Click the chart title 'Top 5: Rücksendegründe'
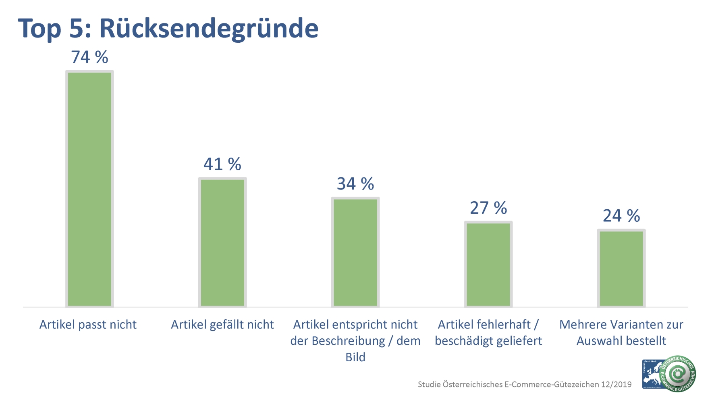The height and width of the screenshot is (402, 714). click(x=168, y=28)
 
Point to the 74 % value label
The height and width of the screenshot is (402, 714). click(x=89, y=57)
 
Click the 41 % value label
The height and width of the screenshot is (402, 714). click(x=222, y=164)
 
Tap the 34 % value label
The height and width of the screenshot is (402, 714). click(x=355, y=184)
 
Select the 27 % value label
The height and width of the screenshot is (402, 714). click(x=488, y=208)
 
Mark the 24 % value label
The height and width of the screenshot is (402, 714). click(x=621, y=216)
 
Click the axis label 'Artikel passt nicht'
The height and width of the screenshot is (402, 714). click(x=88, y=325)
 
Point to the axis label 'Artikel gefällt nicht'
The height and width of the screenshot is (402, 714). click(x=222, y=325)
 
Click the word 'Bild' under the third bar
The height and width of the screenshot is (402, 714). click(x=355, y=357)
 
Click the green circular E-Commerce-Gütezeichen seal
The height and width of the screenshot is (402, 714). click(x=679, y=374)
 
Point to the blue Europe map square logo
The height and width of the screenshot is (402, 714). click(x=651, y=374)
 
